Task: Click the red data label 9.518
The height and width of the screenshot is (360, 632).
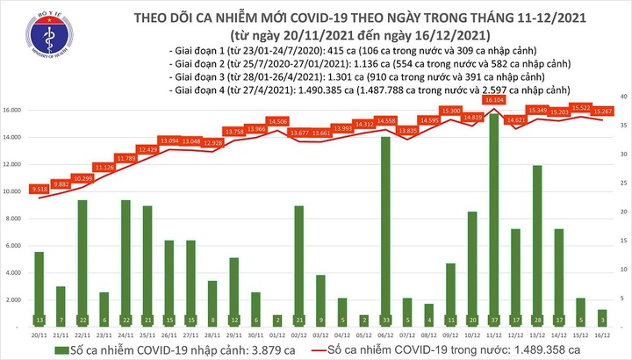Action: (x=39, y=189)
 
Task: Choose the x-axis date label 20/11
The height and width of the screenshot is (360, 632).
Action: (x=39, y=335)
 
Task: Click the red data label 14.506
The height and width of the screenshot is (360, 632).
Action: (x=277, y=121)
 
